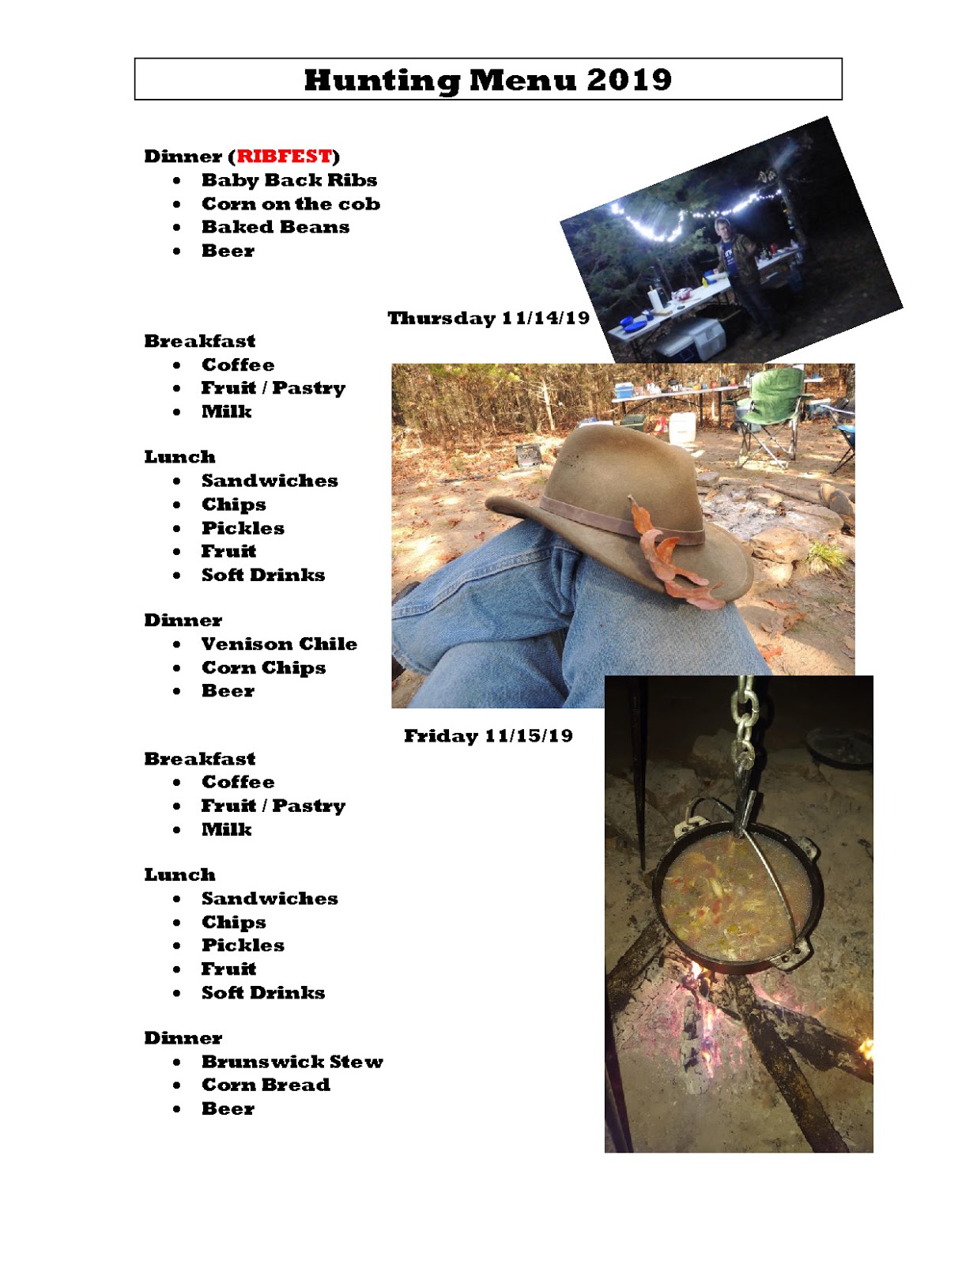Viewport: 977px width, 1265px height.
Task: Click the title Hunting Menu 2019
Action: (x=488, y=80)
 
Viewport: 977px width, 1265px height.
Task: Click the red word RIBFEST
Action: (x=285, y=156)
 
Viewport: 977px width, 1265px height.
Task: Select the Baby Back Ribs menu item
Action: (x=289, y=180)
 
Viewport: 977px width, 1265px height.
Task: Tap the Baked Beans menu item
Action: (x=275, y=227)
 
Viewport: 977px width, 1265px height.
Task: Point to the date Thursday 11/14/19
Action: (x=488, y=318)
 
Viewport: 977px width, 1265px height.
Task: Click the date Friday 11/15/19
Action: (x=488, y=736)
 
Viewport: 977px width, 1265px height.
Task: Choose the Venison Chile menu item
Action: (x=279, y=644)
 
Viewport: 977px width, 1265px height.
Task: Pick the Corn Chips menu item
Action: (x=263, y=667)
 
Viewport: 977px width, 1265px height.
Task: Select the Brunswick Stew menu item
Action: (x=292, y=1061)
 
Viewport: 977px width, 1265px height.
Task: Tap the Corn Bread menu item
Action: (x=266, y=1085)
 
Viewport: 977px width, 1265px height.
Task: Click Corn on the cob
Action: (x=290, y=204)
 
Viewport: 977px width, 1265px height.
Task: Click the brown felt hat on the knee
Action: (x=624, y=498)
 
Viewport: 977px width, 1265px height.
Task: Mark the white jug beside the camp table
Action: (x=681, y=428)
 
